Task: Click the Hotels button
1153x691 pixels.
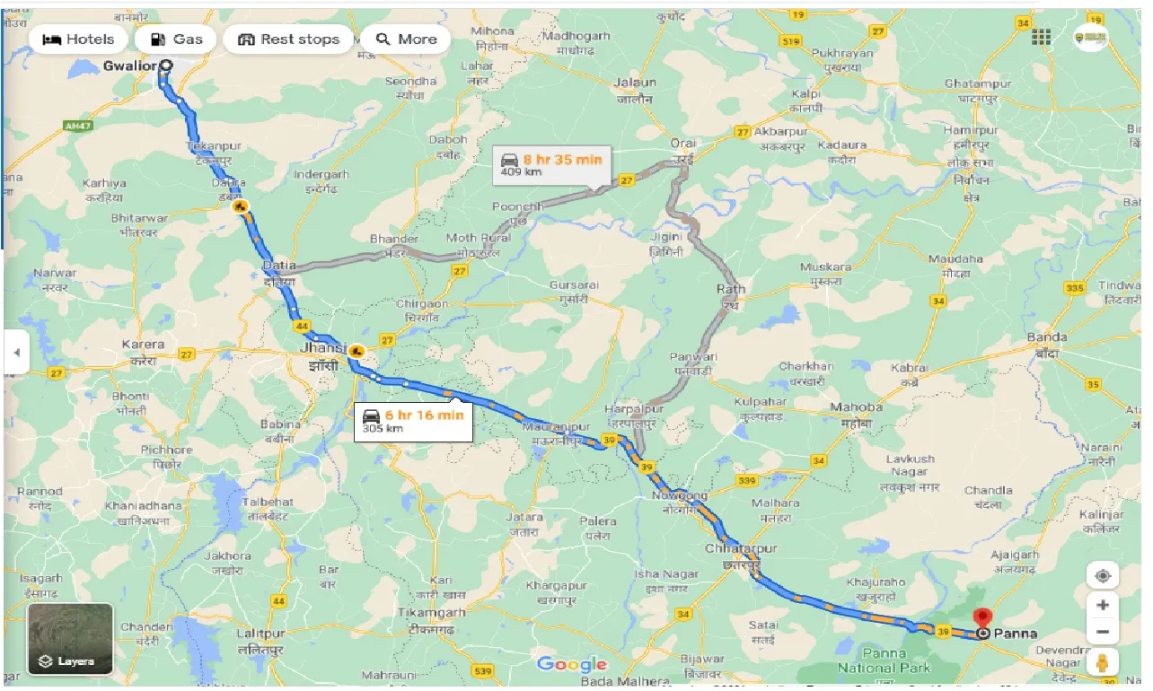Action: click(79, 39)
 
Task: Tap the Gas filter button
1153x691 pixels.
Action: click(175, 39)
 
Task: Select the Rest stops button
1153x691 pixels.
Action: click(288, 39)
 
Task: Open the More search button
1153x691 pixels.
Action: click(406, 39)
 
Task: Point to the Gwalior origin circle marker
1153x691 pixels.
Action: click(166, 66)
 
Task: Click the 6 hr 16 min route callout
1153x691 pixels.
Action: click(413, 420)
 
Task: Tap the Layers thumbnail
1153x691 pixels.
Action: click(70, 639)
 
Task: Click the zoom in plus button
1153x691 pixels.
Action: click(1103, 605)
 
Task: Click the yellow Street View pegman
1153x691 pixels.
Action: click(1103, 663)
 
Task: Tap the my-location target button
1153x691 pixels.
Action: click(1103, 575)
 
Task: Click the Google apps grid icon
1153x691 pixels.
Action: click(1041, 37)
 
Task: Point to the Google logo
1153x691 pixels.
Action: click(572, 664)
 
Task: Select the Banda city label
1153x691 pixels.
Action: click(1047, 338)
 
